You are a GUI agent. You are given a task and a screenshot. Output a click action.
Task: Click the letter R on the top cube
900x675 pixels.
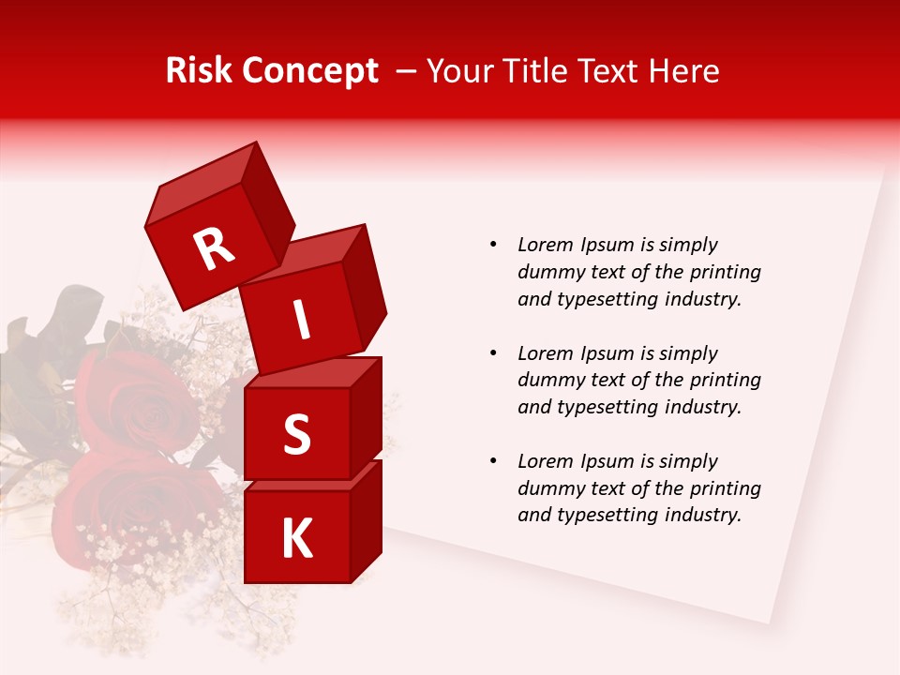(214, 249)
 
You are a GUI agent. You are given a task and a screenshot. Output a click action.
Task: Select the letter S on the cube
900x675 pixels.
(296, 434)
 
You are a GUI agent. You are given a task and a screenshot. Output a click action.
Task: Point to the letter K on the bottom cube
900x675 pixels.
(296, 539)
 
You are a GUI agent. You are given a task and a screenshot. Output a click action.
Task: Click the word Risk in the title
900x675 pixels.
(199, 71)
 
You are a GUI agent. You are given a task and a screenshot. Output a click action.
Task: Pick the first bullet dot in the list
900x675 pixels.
(494, 245)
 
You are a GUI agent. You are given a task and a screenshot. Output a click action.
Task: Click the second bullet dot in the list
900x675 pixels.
(494, 353)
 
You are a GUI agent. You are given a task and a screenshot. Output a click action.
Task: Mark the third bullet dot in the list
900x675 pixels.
(494, 461)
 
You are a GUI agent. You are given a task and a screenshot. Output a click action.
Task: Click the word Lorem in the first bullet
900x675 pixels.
(546, 245)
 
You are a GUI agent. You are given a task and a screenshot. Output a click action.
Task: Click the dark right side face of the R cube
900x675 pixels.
(268, 206)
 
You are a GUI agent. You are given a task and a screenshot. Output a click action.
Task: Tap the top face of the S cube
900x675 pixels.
(312, 372)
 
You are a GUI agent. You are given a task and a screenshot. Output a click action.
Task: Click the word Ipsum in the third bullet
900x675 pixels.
(608, 461)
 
